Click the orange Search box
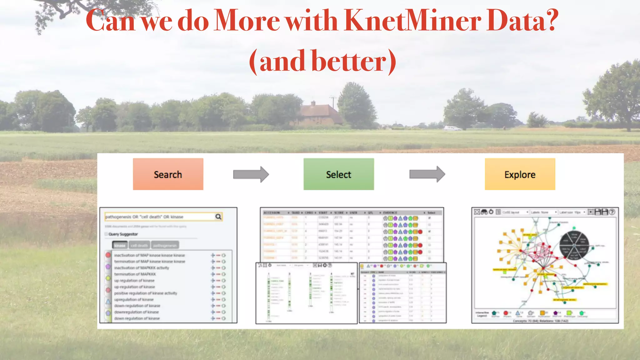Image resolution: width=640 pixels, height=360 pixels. coord(168,174)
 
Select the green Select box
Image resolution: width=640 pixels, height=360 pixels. coord(338,174)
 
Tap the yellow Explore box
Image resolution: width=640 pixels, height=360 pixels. coord(520,174)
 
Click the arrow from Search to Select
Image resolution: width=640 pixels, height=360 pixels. coord(251,174)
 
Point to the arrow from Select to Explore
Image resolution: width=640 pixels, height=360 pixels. coord(427,174)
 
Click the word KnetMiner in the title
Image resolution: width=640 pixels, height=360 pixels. coord(412,21)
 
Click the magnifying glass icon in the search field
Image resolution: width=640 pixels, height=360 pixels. coord(218,217)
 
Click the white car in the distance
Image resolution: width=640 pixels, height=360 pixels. coord(452,128)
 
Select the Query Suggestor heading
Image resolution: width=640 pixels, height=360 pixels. coord(123,234)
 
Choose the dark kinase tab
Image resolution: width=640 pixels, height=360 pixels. coord(120,245)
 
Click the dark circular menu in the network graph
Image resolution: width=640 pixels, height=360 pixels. coord(574,245)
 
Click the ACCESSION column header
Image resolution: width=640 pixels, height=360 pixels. coord(272,212)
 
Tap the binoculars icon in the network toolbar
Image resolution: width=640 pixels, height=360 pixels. coord(484,212)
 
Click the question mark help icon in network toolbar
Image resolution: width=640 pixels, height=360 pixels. coord(612,212)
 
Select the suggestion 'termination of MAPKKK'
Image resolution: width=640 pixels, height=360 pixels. coord(135,274)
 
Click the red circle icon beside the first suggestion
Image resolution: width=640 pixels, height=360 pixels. coord(108,255)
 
